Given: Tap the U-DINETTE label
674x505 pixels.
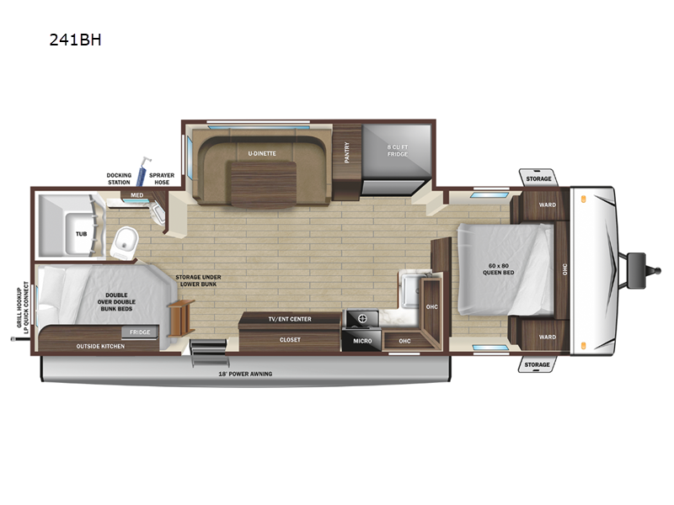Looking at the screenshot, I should click(262, 153).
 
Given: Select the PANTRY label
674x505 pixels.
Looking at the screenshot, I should click(346, 151).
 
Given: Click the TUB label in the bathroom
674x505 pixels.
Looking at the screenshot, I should click(81, 234).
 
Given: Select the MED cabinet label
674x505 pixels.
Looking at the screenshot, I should click(136, 195).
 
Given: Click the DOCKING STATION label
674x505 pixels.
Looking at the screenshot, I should click(119, 178).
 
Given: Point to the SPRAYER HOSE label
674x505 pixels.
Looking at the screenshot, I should click(162, 178).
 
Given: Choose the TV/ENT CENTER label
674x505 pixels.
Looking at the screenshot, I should click(289, 319).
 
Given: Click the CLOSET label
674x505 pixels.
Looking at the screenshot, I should click(289, 339).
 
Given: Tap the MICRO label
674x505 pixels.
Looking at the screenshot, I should click(362, 341).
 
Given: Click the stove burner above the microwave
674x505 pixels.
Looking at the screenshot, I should click(362, 320).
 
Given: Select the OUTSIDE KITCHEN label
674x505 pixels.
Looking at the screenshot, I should click(99, 346).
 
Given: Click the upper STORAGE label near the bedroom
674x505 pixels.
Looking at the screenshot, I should click(538, 179).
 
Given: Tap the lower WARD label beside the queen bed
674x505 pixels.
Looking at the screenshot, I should click(547, 337).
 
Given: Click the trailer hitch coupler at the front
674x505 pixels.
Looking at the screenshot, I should click(636, 261).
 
